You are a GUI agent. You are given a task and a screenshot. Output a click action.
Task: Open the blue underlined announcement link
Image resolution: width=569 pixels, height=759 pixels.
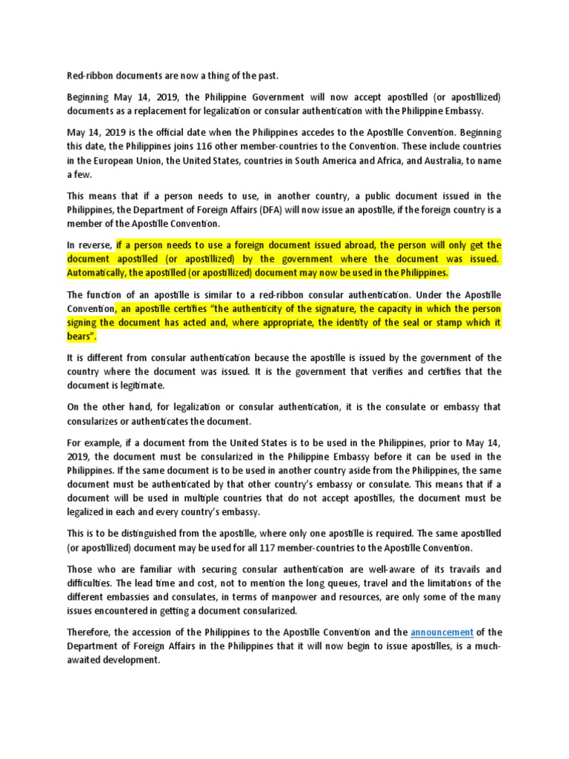click(442, 632)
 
